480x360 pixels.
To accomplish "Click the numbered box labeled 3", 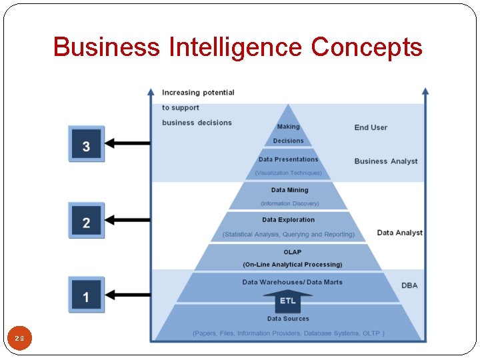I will coord(86,144).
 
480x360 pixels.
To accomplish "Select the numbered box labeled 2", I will coord(86,221).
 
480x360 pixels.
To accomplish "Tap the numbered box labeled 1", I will coord(86,295).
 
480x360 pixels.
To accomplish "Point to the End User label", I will coord(371,127).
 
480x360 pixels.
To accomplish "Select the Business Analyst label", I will coord(386,161).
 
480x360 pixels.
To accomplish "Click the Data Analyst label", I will coord(399,233).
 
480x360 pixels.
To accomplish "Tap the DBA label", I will coord(409,285).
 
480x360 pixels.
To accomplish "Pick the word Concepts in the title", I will coord(367,47).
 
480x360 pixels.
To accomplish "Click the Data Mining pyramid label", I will coord(289,190).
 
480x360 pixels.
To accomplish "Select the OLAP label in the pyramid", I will coord(292,252).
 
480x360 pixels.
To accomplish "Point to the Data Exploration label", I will coord(288,219).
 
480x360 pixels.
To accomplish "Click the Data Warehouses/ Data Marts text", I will coord(292,282).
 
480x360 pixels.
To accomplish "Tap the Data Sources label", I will coord(288,319).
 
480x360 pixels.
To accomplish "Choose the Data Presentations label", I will coord(288,159).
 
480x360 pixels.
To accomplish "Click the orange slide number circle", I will coord(19,339).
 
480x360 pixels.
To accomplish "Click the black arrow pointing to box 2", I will coord(128,219).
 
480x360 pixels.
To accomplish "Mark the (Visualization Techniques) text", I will coord(288,173).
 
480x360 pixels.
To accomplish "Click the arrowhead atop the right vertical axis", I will coord(425,91).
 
